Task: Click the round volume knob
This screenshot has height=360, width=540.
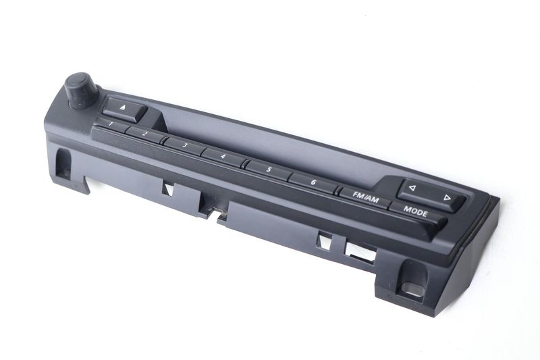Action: click(82, 91)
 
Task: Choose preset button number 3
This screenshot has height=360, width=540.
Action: click(185, 146)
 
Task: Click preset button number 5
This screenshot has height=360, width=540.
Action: click(269, 170)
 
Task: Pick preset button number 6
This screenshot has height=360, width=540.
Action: click(313, 182)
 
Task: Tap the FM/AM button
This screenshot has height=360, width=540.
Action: click(365, 198)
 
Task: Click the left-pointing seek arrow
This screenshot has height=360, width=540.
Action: click(412, 188)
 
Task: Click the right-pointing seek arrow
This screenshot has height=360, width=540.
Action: click(447, 197)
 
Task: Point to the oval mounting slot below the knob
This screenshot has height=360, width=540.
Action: click(63, 163)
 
